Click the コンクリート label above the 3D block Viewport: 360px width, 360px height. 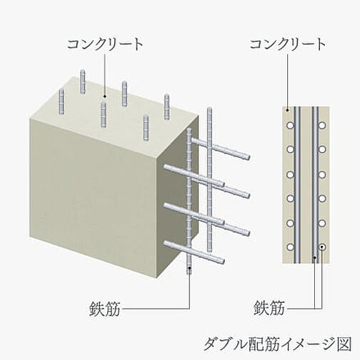(x=105, y=44)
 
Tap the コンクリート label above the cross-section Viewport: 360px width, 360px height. (x=288, y=44)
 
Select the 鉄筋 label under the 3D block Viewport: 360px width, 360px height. (x=105, y=309)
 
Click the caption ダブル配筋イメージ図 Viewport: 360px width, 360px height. (x=278, y=344)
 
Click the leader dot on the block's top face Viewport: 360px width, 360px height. (x=104, y=96)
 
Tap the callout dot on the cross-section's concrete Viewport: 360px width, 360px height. (x=288, y=110)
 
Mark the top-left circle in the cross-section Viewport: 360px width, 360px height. (x=290, y=125)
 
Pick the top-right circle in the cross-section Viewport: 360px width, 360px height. (x=322, y=125)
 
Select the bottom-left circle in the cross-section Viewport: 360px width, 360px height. (x=290, y=247)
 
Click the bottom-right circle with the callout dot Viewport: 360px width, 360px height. (x=322, y=247)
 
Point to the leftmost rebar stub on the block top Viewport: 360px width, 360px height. (x=61, y=101)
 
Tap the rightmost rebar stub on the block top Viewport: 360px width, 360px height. (x=166, y=106)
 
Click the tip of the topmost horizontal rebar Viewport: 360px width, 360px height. (x=248, y=157)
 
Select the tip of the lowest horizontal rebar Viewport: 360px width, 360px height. (x=222, y=261)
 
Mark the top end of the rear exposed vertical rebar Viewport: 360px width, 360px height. (x=209, y=108)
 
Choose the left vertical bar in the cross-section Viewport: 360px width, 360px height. (x=296, y=185)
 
